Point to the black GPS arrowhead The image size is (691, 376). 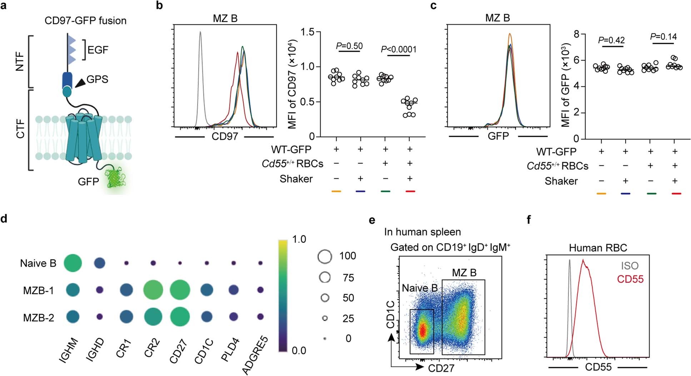click(x=80, y=83)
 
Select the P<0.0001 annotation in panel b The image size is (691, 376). click(x=399, y=49)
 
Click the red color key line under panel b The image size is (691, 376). click(x=410, y=192)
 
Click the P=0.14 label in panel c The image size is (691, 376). click(x=663, y=36)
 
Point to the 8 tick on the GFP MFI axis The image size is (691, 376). click(x=576, y=35)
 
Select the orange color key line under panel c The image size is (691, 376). click(x=601, y=194)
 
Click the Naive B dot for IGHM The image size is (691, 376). click(x=73, y=263)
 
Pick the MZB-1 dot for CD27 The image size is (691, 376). click(x=180, y=290)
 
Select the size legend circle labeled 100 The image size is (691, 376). click(x=325, y=256)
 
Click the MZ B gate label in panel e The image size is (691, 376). click(x=464, y=273)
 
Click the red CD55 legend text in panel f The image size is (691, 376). click(x=630, y=279)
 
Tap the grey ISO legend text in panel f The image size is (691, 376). click(x=630, y=266)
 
